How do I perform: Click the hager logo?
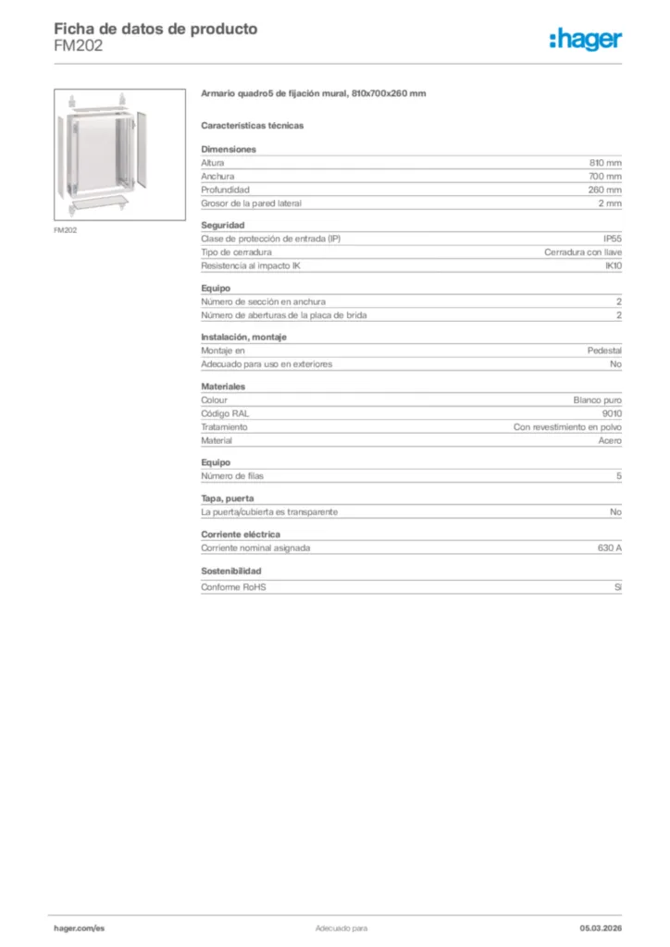click(x=586, y=39)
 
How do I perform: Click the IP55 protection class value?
click(x=613, y=239)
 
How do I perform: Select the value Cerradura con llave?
click(x=583, y=252)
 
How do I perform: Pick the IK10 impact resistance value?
click(x=614, y=265)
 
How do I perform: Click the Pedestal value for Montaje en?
click(x=604, y=351)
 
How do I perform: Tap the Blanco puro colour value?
click(x=598, y=400)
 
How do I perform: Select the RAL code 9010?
click(x=612, y=413)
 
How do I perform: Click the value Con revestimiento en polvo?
click(x=567, y=427)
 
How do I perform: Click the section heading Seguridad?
click(x=222, y=225)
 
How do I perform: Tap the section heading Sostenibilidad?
click(x=231, y=572)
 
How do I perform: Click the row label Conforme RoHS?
click(x=233, y=587)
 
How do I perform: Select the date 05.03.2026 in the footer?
click(x=601, y=927)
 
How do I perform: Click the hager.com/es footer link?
click(x=80, y=927)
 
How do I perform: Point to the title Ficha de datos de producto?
click(x=155, y=29)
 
